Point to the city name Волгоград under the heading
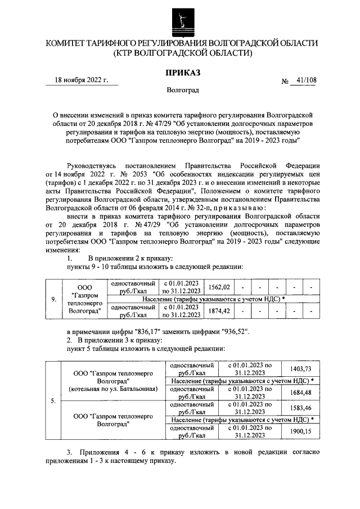(182, 89)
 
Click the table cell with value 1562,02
(219, 287)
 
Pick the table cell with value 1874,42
(219, 310)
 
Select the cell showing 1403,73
(300, 368)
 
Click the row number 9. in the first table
(53, 299)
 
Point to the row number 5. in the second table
(53, 400)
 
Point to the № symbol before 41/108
(285, 81)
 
